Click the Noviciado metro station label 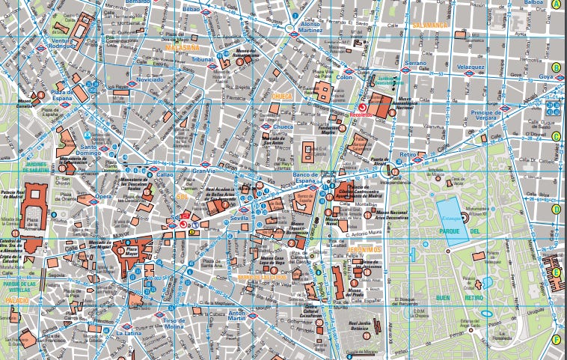[x=150, y=79]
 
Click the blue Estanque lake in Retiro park [x=453, y=219]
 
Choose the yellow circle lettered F [x=556, y=339]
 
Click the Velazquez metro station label [x=471, y=67]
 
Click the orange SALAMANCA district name [x=429, y=25]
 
